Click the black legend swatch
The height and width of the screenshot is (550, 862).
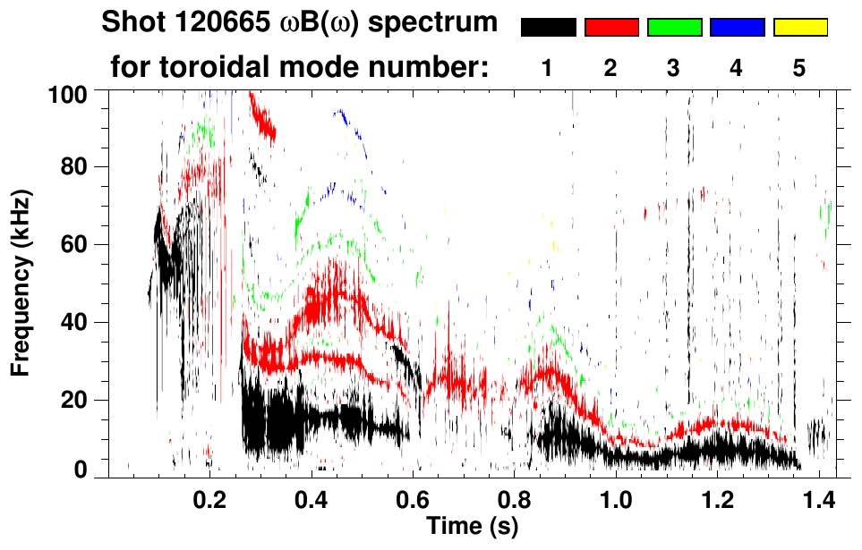coord(549,28)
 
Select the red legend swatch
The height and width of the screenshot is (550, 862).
coord(611,28)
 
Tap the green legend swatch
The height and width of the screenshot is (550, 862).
coord(674,28)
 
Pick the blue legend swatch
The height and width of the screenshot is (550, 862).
coord(737,28)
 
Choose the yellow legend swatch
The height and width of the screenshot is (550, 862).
coord(799,28)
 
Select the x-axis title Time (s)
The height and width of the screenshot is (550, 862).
coord(472,527)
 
